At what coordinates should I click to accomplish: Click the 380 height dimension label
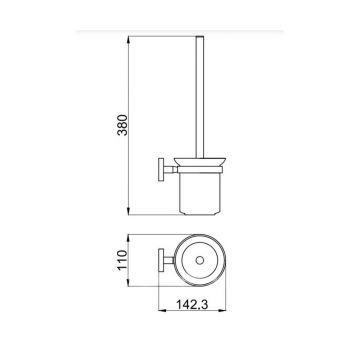click(x=123, y=125)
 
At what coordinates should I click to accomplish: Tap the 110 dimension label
click(x=123, y=260)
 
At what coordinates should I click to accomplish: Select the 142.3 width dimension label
click(x=192, y=304)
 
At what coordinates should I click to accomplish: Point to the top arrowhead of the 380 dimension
click(x=129, y=39)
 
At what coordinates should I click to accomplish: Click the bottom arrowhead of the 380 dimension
click(x=129, y=211)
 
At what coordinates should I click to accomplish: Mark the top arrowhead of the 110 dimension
click(x=129, y=238)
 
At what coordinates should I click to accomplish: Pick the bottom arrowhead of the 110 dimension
click(x=129, y=282)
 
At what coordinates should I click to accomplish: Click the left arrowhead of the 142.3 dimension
click(x=162, y=311)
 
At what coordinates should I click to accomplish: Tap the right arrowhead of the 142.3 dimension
click(x=222, y=311)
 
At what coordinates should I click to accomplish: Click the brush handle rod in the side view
click(x=200, y=97)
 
